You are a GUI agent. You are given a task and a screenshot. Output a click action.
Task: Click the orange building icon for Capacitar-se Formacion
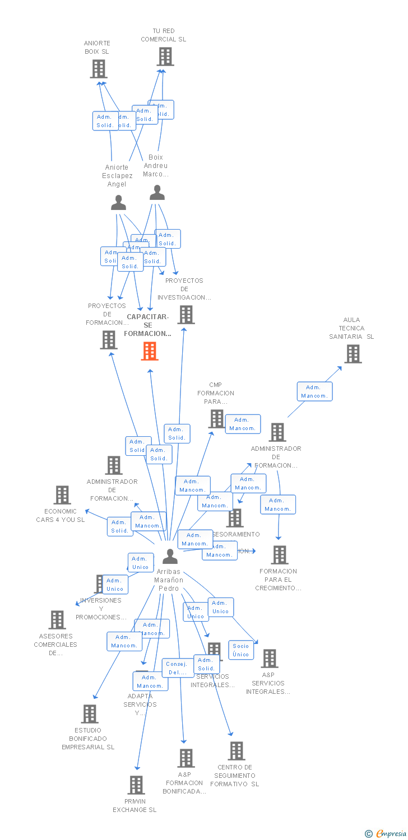point(149,351)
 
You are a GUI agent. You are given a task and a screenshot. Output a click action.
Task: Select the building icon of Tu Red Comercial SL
point(165,57)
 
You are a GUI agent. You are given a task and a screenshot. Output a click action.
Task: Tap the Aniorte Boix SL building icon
point(98,69)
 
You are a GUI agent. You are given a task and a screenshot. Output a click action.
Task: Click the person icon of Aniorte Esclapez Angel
point(118,203)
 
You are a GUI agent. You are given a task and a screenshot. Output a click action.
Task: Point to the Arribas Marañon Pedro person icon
point(170,557)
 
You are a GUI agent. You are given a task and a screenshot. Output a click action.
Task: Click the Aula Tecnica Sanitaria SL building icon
point(353,354)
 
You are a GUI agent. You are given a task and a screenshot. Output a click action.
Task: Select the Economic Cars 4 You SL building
point(62,495)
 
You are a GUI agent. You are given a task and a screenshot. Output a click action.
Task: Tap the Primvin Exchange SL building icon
point(136,785)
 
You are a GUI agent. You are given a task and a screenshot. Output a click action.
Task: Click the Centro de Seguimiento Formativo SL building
point(237,751)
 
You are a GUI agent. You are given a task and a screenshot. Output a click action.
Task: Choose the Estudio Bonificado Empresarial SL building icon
point(90,714)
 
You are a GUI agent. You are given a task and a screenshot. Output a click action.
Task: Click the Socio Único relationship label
point(241,650)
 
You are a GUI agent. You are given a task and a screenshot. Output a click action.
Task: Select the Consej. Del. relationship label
point(178,668)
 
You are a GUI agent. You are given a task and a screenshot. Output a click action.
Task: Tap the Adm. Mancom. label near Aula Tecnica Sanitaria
point(314,391)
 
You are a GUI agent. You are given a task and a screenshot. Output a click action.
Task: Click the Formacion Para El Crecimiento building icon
point(279,555)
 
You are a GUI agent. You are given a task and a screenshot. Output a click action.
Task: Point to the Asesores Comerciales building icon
point(57,620)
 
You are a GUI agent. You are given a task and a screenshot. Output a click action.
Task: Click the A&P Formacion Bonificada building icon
point(186,758)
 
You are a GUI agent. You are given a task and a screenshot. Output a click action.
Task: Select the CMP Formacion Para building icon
point(216,419)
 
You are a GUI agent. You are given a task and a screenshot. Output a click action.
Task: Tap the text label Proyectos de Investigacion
point(184,289)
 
